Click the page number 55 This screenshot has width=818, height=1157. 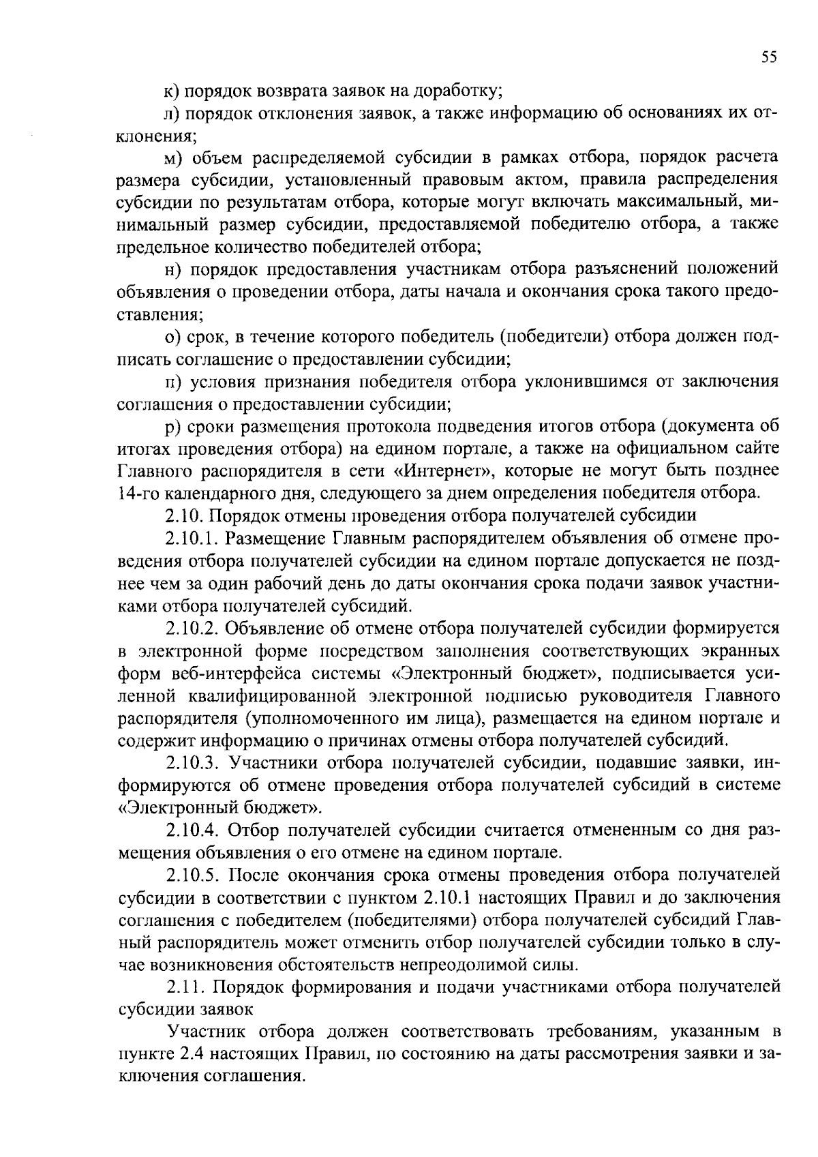point(769,57)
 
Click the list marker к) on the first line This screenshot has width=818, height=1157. point(172,90)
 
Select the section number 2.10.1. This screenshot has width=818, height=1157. point(192,538)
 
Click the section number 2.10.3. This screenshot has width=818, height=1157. point(192,763)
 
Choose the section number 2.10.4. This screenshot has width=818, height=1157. point(192,830)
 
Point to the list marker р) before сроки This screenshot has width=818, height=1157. point(172,426)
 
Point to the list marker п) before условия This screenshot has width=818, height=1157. point(173,382)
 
